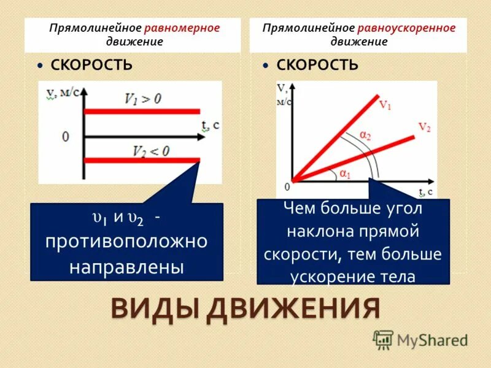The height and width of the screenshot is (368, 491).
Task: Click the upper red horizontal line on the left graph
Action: [142, 112]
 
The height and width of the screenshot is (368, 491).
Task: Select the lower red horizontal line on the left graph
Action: [142, 161]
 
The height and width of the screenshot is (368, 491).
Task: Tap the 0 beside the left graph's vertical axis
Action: [65, 136]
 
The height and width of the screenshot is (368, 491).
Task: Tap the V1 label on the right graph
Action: [385, 105]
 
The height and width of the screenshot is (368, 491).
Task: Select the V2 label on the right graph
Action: [424, 127]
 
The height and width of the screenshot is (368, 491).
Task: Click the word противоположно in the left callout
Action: [126, 242]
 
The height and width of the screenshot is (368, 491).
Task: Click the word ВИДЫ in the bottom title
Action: [153, 309]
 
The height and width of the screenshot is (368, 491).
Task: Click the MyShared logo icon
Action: [383, 339]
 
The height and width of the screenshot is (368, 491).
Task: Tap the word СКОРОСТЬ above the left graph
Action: [91, 66]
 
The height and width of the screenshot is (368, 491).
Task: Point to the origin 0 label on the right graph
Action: [286, 186]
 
